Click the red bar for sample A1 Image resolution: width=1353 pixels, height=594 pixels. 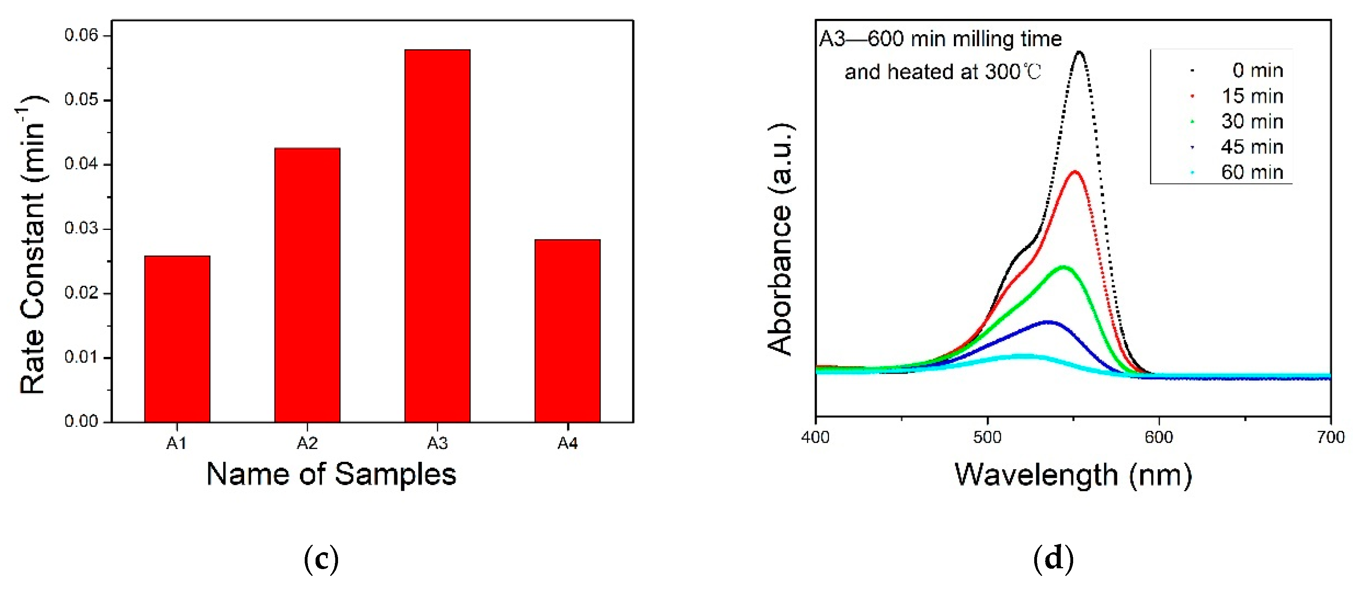tap(177, 339)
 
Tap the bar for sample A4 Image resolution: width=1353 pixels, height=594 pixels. tap(567, 331)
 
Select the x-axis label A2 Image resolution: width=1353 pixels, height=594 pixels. tap(307, 444)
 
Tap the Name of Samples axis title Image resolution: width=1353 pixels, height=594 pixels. tap(331, 474)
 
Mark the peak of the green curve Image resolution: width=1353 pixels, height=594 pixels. tap(1064, 267)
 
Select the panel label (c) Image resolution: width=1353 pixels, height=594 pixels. tap(321, 559)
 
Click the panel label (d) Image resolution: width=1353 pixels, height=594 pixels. tap(1053, 559)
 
